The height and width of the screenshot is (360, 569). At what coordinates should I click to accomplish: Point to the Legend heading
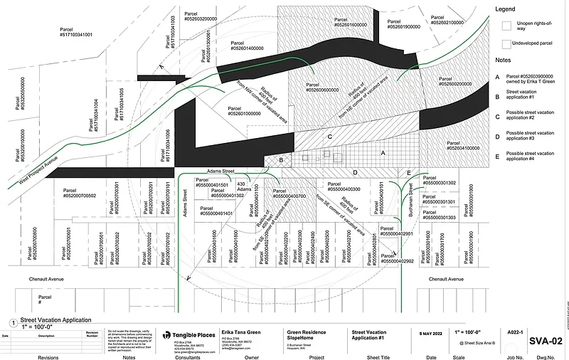[x=505, y=9]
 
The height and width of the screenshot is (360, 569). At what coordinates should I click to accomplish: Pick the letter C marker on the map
[x=329, y=136]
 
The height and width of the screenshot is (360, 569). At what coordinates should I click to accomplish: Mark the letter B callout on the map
[x=281, y=162]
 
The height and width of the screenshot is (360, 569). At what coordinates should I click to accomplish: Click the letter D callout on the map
[x=354, y=172]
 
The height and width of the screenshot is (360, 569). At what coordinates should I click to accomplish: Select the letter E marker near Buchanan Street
[x=408, y=173]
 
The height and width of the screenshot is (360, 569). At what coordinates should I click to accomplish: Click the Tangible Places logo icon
[x=167, y=334]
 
